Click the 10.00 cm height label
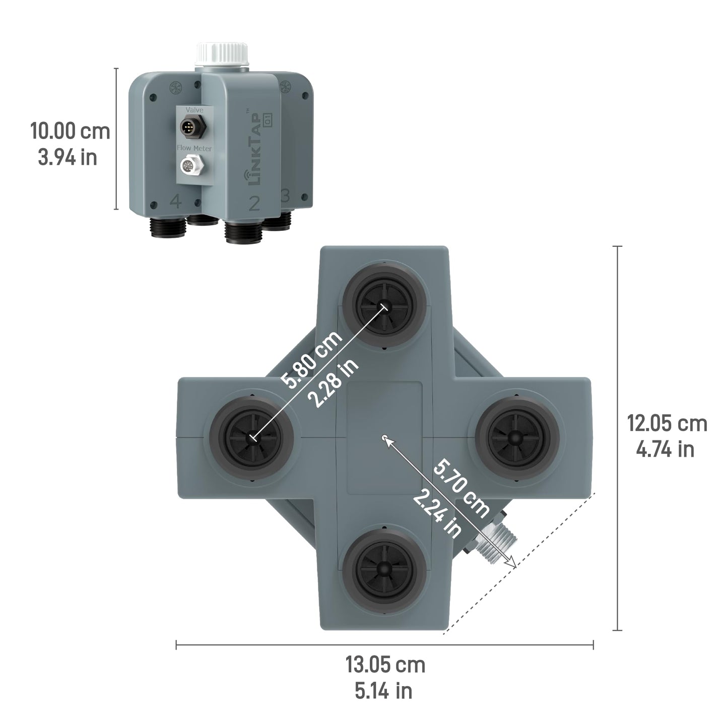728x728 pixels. click(x=70, y=131)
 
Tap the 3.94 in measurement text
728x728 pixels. click(x=68, y=157)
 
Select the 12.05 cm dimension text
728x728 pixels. click(x=667, y=423)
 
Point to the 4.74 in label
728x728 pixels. click(x=665, y=449)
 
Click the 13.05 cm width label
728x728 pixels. click(x=385, y=665)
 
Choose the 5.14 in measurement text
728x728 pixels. click(x=383, y=691)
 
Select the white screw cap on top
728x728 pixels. click(x=223, y=54)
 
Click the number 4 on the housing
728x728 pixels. click(x=175, y=202)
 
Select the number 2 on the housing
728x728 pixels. click(x=254, y=204)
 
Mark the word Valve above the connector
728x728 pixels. click(x=194, y=109)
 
